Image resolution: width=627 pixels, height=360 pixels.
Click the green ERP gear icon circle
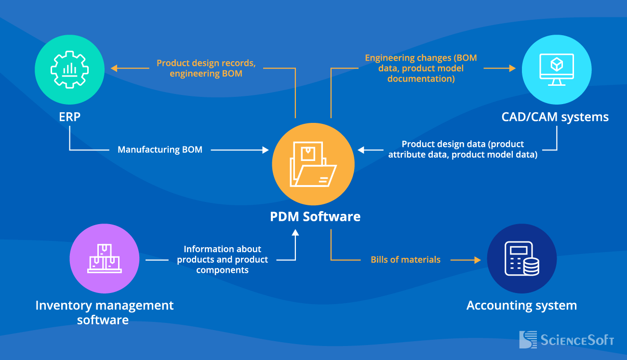(x=69, y=69)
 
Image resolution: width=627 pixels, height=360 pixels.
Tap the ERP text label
(x=69, y=117)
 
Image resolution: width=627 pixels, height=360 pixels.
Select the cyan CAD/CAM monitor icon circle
(x=557, y=69)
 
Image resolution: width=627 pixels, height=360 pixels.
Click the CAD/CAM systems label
(x=555, y=117)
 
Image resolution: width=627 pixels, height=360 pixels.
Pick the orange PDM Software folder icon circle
(x=313, y=164)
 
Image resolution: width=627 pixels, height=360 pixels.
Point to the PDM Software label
(x=315, y=216)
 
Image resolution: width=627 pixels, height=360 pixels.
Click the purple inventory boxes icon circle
(x=105, y=258)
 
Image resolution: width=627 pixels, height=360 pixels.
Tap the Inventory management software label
(x=104, y=312)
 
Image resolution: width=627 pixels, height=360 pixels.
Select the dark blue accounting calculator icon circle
(x=521, y=259)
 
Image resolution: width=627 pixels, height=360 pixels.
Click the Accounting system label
(x=521, y=305)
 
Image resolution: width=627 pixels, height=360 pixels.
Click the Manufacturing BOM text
(x=160, y=150)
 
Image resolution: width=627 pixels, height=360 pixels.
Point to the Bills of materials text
(x=405, y=260)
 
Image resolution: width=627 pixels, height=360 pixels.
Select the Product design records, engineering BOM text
(x=206, y=68)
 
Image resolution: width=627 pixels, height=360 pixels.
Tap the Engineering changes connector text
(x=421, y=68)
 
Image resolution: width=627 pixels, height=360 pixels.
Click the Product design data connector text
(x=463, y=149)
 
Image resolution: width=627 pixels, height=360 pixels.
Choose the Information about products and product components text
(x=222, y=259)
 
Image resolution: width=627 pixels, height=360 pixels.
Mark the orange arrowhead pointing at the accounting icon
(x=477, y=260)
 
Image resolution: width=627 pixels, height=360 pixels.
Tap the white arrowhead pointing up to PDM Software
(x=295, y=233)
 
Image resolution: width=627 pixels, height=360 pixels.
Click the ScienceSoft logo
(x=567, y=340)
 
